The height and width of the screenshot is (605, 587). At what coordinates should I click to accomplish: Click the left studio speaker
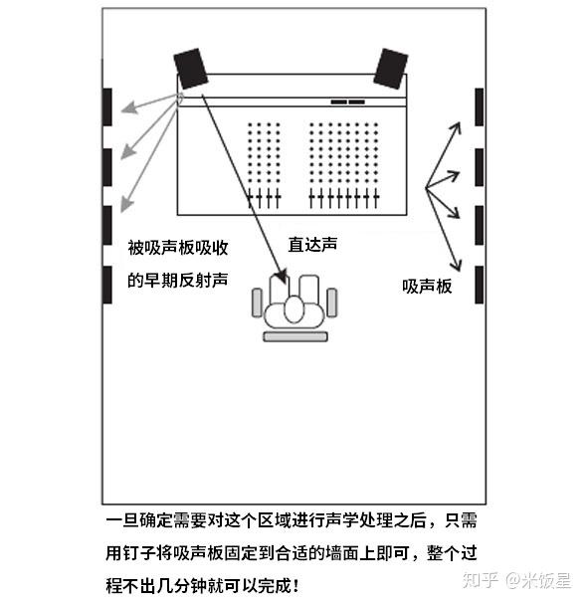(190, 68)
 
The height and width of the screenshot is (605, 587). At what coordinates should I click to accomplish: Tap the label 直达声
(310, 243)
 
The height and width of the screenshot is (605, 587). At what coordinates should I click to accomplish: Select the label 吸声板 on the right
(427, 286)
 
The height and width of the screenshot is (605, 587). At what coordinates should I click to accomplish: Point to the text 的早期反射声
(178, 280)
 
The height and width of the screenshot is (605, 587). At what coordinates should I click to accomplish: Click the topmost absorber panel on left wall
(108, 105)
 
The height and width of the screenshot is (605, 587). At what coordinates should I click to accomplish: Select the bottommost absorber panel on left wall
(108, 283)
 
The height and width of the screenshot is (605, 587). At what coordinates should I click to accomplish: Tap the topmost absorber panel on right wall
(479, 106)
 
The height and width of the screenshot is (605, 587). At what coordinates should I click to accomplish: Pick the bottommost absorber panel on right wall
(479, 285)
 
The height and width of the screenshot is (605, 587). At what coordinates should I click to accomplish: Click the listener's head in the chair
(294, 308)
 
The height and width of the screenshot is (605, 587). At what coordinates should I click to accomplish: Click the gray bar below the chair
(294, 337)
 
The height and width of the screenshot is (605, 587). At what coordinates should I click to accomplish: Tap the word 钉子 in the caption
(152, 552)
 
